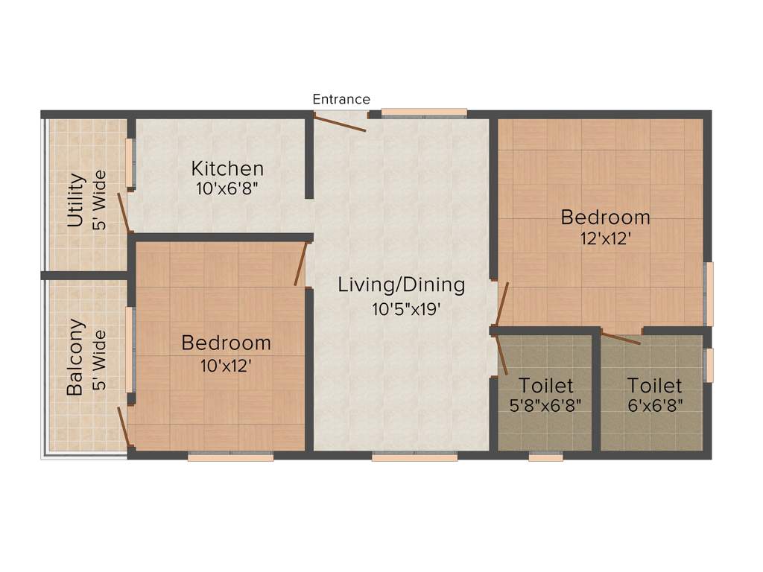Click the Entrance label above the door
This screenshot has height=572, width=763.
341,99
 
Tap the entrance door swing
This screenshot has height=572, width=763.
341,122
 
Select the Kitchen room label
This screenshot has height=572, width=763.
227,168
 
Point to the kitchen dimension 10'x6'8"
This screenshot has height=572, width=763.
227,189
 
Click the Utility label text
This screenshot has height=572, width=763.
75,200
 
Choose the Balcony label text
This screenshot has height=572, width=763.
75,358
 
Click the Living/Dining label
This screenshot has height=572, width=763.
401,285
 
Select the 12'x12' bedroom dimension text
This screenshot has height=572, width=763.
605,239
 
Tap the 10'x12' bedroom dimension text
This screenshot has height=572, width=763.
226,365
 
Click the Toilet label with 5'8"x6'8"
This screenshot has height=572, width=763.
546,386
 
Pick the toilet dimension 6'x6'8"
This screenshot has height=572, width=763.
654,406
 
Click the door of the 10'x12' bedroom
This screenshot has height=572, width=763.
301,264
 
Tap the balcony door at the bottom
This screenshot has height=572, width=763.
124,428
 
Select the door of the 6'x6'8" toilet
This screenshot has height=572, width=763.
621,337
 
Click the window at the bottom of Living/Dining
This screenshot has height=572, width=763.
414,457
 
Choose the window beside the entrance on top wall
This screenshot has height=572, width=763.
424,112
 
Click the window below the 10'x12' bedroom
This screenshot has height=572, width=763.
230,457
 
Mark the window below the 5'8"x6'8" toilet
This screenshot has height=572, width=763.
545,457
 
